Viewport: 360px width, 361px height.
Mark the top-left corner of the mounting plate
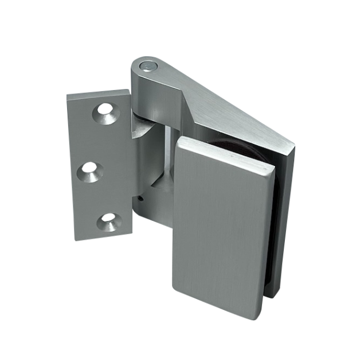pyautogui.click(x=68, y=96)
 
